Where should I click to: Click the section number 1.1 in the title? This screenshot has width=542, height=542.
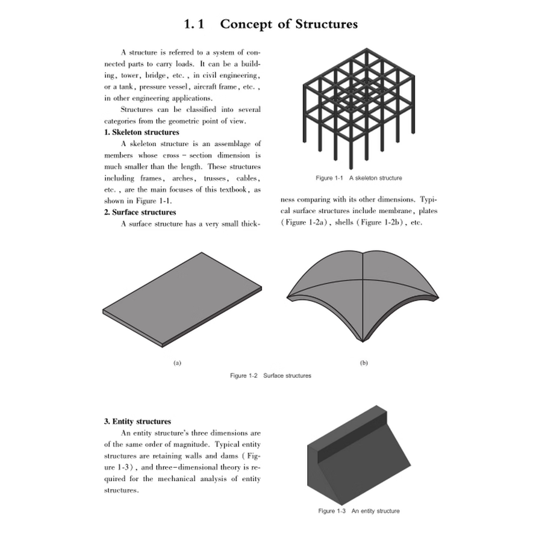click(x=195, y=24)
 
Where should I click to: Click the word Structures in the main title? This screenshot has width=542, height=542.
click(x=324, y=24)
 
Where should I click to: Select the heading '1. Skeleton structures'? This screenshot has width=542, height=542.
click(x=142, y=132)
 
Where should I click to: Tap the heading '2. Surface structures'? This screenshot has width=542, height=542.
click(x=140, y=212)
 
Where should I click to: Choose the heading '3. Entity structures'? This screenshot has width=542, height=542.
click(x=137, y=422)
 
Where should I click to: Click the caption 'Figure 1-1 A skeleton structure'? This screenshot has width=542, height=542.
click(x=358, y=178)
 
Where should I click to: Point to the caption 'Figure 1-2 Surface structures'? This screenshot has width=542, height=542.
click(x=270, y=376)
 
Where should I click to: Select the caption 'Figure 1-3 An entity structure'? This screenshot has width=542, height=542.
click(x=358, y=511)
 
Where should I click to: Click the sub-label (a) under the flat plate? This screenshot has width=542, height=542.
click(x=177, y=363)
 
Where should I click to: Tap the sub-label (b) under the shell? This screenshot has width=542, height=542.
click(x=364, y=363)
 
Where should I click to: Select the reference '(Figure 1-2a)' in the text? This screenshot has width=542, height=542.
click(x=305, y=223)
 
